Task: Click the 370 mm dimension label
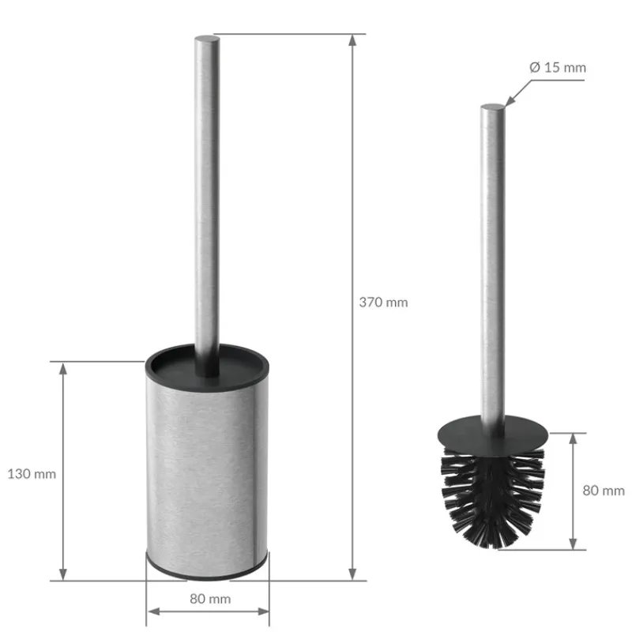click(x=383, y=302)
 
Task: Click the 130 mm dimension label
click(x=32, y=474)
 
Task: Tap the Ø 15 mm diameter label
click(x=558, y=67)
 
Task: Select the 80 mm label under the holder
click(x=210, y=599)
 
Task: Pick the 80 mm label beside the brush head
click(x=603, y=491)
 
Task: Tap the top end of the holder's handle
click(x=207, y=39)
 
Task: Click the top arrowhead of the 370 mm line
click(x=352, y=39)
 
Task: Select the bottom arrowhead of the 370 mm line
click(x=352, y=574)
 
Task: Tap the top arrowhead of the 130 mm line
click(x=63, y=368)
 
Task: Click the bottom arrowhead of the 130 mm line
click(x=63, y=574)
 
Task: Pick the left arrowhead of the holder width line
click(x=152, y=611)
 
